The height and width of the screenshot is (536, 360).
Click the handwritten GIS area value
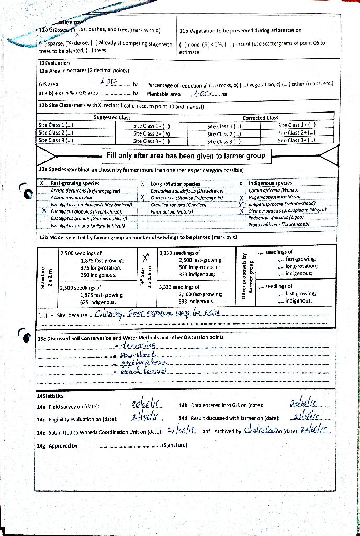point(108,83)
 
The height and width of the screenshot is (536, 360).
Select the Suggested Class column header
point(112,118)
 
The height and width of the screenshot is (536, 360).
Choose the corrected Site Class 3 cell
point(224,141)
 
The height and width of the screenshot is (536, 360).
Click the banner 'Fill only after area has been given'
point(186,155)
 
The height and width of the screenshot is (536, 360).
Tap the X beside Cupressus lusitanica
point(142,198)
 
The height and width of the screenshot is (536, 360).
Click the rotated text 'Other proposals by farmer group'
point(247,278)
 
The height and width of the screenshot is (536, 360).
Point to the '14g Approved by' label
point(58,446)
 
